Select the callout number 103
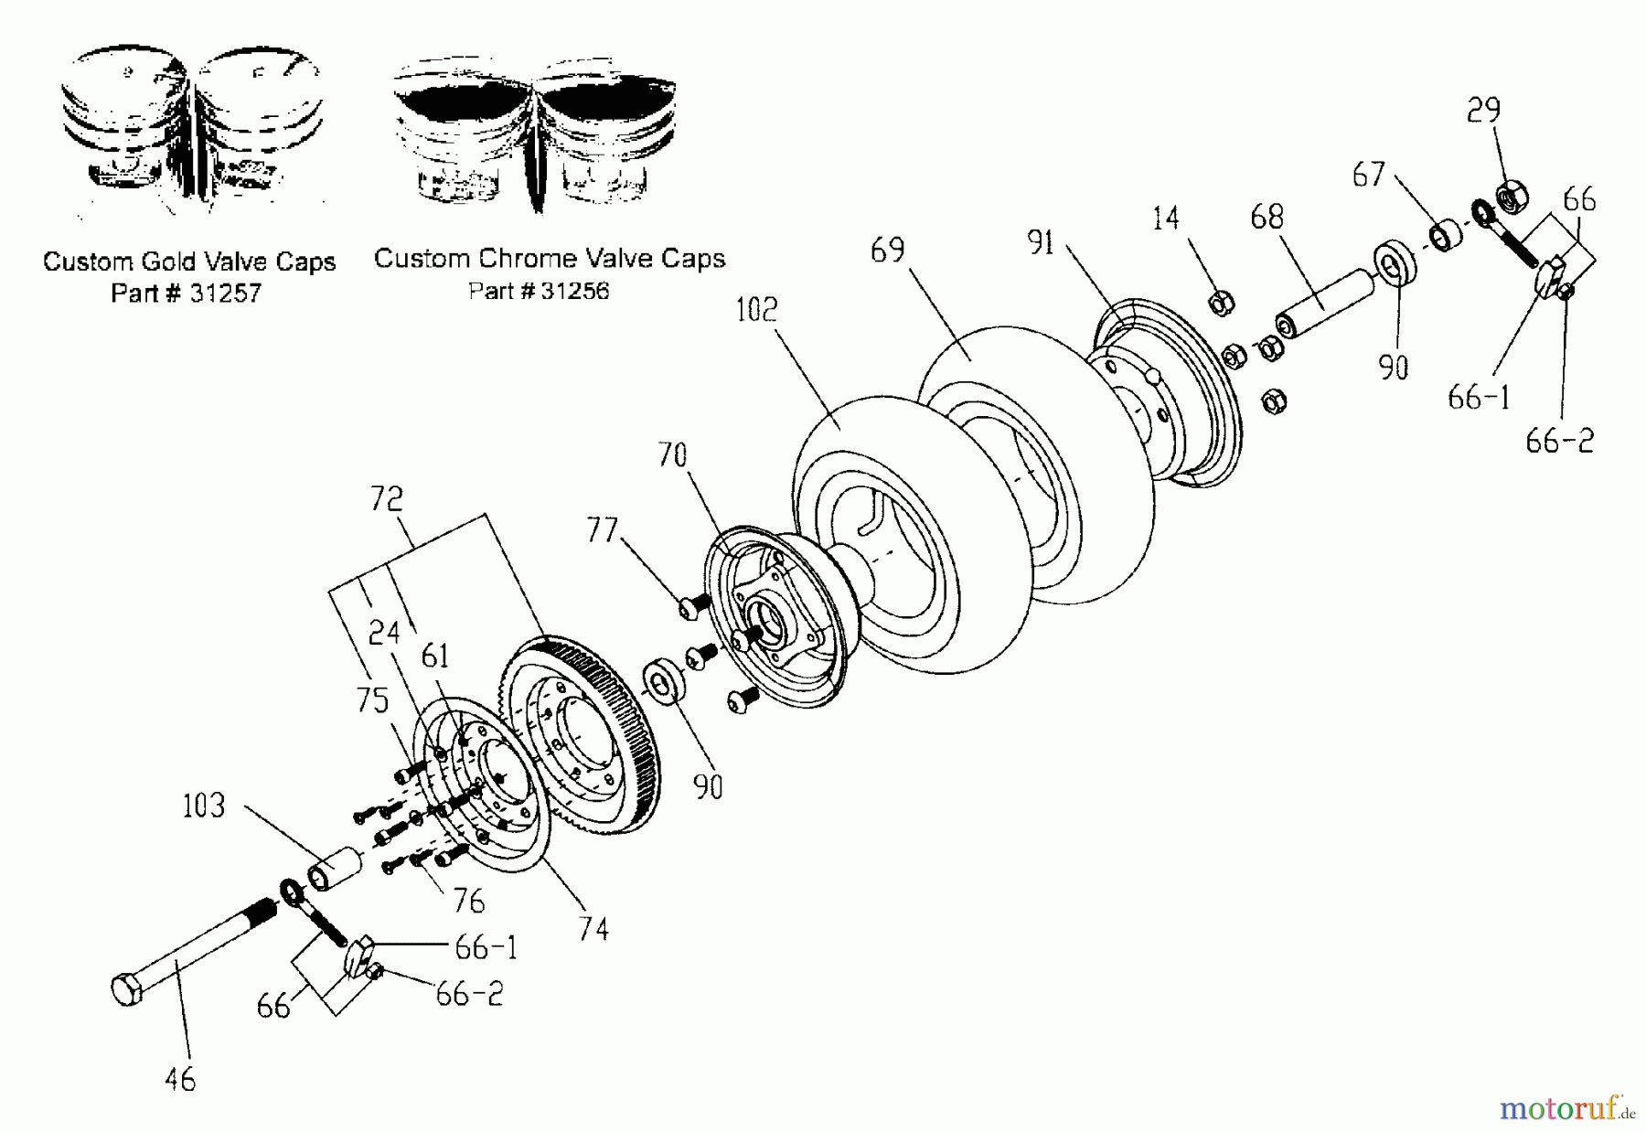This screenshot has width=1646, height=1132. pos(203,806)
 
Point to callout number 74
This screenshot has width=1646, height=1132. pos(593,930)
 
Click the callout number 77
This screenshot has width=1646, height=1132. pos(603,530)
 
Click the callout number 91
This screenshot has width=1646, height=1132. pos(1042,242)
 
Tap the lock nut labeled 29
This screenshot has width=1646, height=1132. pos(1511,196)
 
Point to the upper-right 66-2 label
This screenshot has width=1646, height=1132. pos(1559,442)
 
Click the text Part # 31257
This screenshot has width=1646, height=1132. pos(187,294)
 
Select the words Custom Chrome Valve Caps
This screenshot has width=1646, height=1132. pos(550,259)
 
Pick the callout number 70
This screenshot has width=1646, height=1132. pos(672,454)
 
